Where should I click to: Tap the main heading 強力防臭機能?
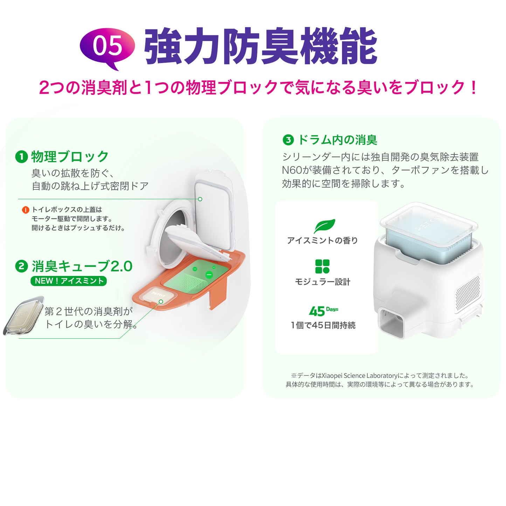pos(261,47)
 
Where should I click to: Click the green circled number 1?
pos(21,157)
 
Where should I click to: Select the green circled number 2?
pos(21,266)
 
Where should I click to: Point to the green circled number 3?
pos(288,140)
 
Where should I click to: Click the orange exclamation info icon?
pos(26,210)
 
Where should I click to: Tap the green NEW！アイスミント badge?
pos(69,281)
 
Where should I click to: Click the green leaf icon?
pos(325,226)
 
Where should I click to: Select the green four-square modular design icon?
pos(322,266)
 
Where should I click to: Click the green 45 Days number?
pos(324,311)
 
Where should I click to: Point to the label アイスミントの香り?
pos(323,241)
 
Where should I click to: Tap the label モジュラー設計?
pos(323,282)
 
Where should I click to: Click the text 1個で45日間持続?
pos(323,326)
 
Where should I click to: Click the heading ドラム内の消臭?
pos(338,140)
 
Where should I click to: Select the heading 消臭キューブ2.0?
pos(82,266)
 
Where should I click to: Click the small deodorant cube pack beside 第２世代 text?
pos(23,316)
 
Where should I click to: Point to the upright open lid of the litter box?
pos(214,209)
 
